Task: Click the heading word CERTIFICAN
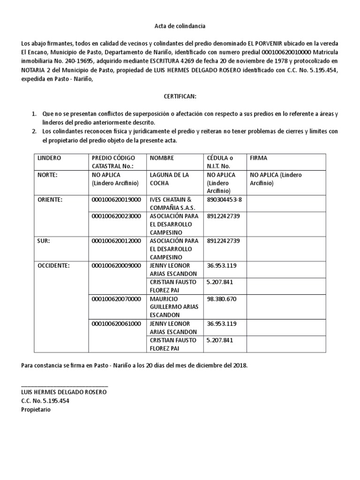(180, 96)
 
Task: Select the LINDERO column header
(49, 158)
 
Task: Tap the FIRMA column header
(259, 158)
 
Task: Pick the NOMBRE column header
(161, 158)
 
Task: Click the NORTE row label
(47, 175)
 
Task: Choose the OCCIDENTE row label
(54, 265)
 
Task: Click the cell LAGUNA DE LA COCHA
(169, 179)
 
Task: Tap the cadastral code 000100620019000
(116, 199)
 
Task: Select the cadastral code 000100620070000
(116, 298)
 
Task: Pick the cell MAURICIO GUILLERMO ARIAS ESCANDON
(174, 307)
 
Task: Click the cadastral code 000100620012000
(116, 240)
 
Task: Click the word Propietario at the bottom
(36, 409)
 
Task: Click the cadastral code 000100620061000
(116, 323)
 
